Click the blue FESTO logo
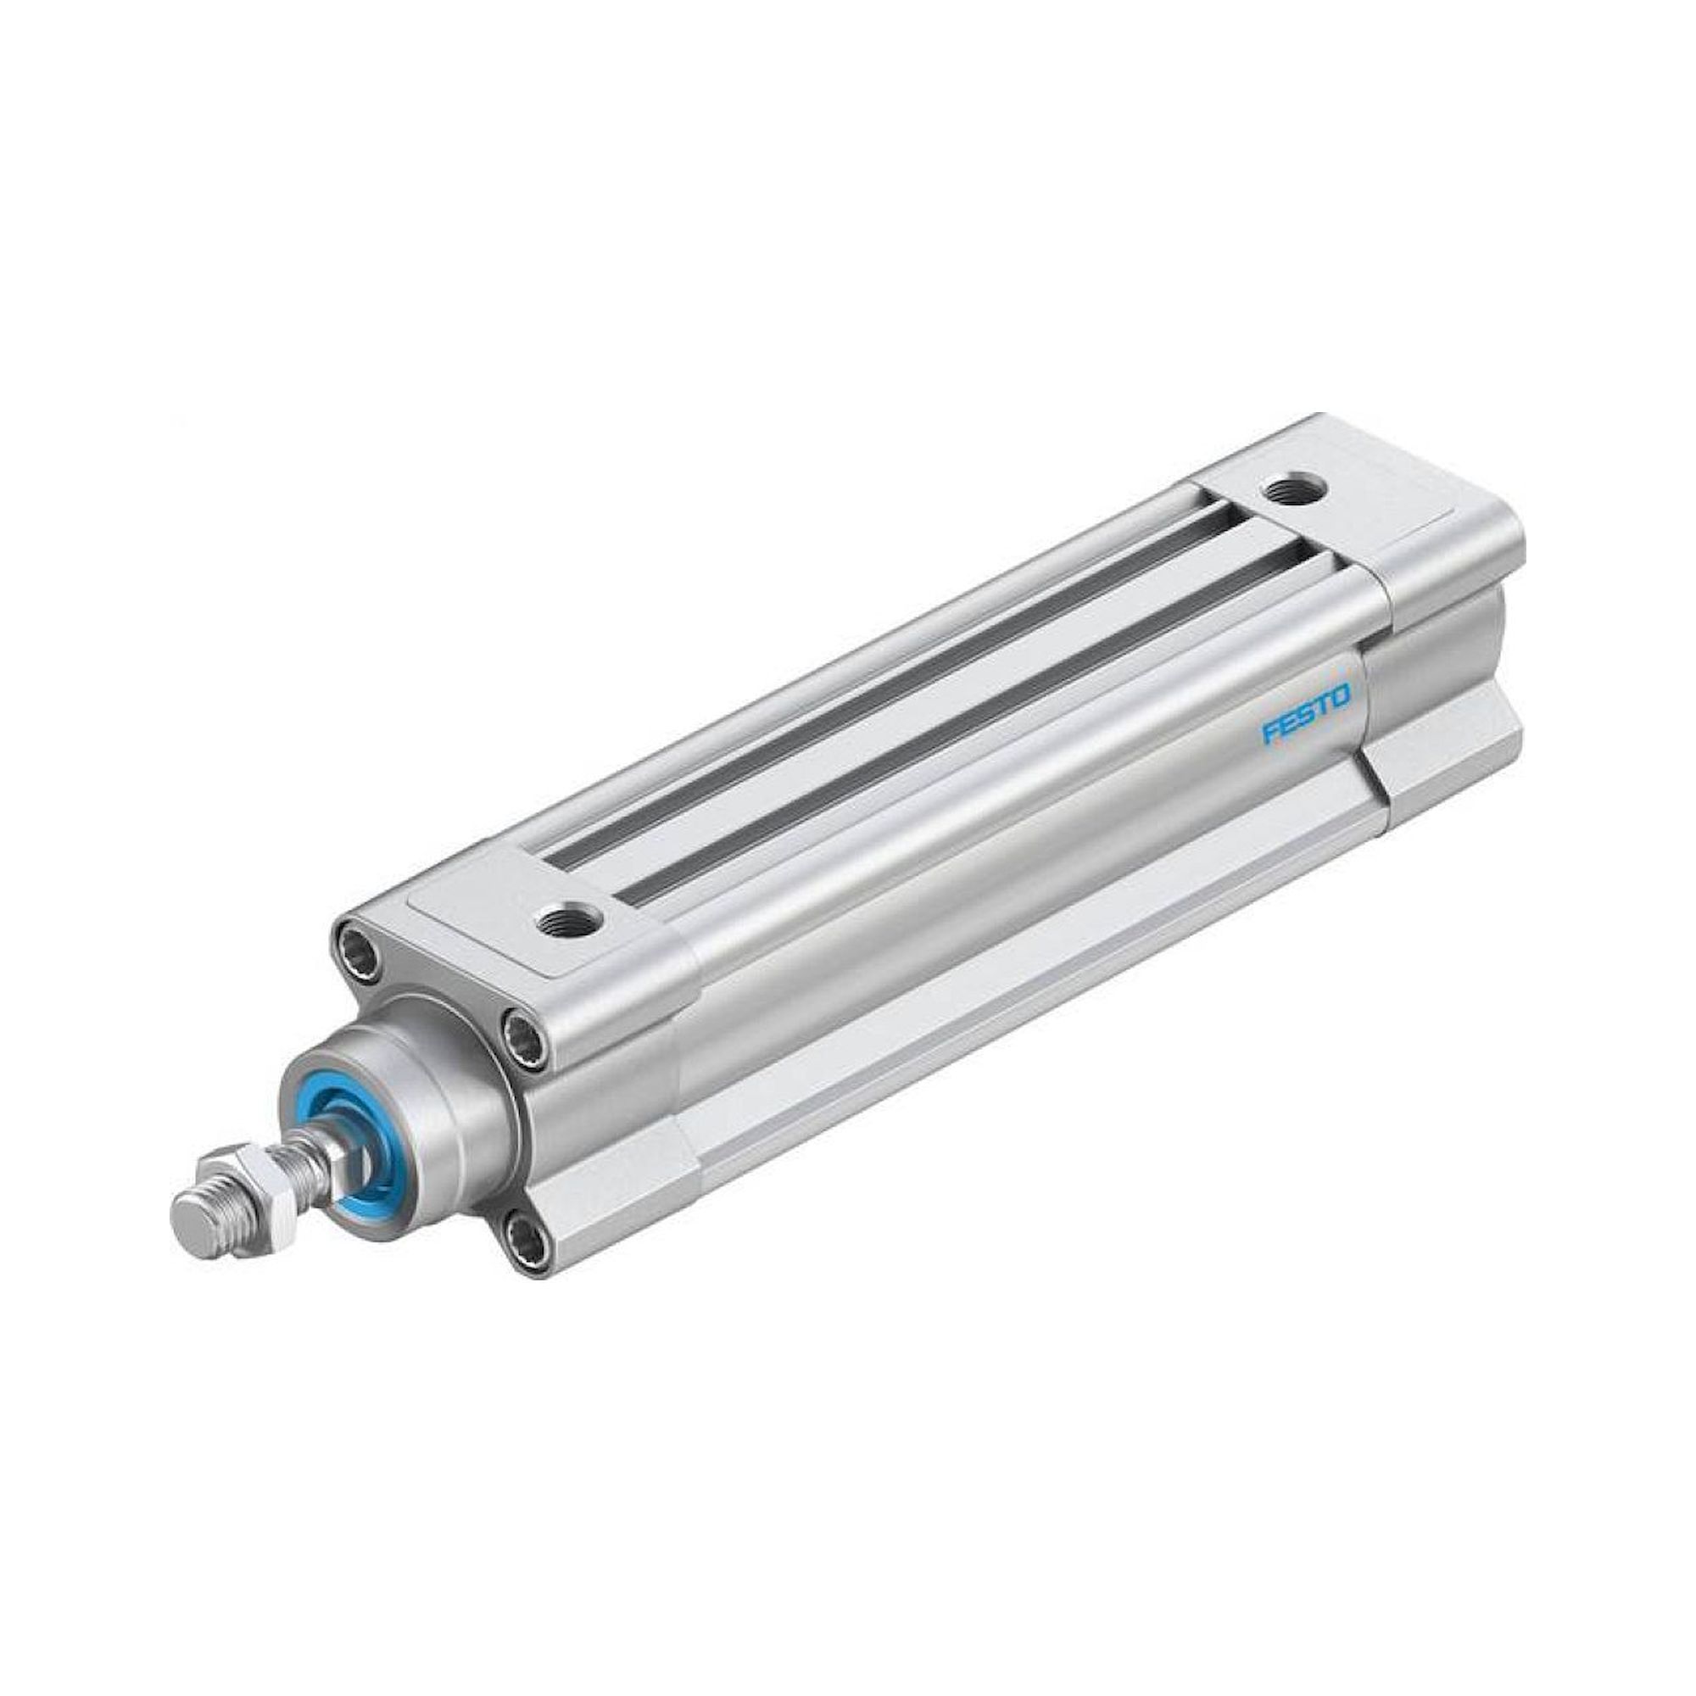tap(1305, 705)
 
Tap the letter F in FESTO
tap(1270, 719)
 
